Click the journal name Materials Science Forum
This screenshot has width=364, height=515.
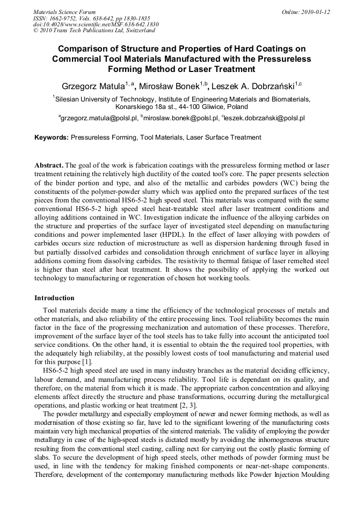[64, 12]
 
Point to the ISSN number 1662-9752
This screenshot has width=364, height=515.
[65, 18]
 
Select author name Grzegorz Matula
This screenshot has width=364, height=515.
[93, 86]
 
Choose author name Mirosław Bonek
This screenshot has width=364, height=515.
[169, 86]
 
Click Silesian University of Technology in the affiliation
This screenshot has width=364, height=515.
[105, 99]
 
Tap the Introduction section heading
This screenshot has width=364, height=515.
[54, 298]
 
